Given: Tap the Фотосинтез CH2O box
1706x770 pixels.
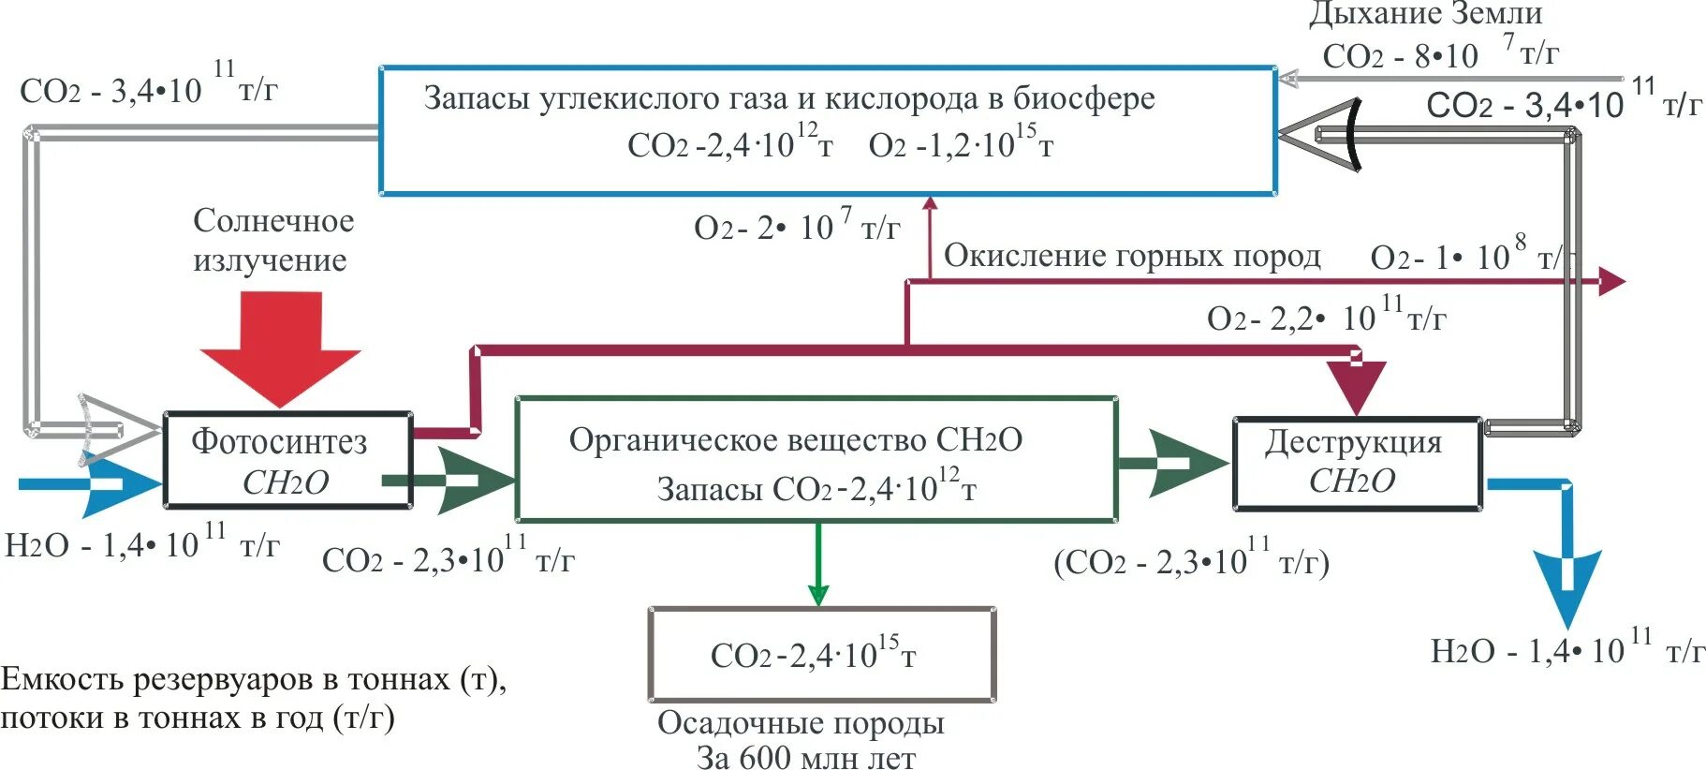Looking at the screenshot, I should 287,460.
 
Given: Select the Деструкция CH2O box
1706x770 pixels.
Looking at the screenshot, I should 1357,463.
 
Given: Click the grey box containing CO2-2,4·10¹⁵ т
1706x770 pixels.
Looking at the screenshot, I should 821,654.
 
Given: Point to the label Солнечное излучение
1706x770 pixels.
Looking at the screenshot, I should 272,240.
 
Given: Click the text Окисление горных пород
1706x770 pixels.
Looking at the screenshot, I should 1132,256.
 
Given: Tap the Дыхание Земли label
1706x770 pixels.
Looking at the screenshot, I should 1424,14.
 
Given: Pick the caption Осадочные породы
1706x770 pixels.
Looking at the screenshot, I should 801,723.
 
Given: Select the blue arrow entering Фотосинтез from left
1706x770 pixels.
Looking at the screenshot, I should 103,484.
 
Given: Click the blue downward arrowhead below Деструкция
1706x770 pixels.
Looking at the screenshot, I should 1566,585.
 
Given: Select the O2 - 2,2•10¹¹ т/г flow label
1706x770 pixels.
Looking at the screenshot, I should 1326,318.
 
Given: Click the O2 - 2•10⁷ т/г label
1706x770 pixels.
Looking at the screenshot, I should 797,227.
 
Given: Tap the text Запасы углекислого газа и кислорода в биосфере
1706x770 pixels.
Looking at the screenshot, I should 788,98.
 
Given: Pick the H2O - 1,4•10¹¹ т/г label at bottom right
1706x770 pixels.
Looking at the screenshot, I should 1566,650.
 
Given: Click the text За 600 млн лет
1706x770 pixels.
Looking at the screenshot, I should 806,757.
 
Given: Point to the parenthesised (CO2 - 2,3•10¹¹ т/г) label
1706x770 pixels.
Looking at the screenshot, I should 1191,561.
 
